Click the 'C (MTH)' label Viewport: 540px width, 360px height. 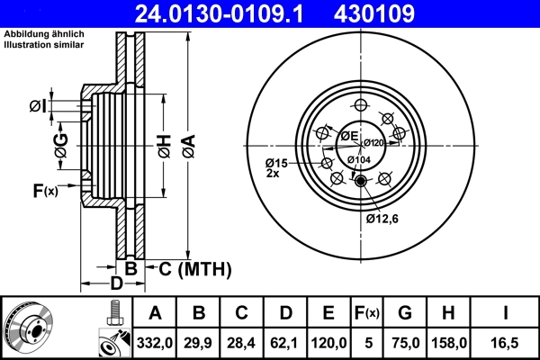tap(195, 268)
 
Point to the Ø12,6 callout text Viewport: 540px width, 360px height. tap(384, 217)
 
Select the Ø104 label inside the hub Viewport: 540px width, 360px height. tap(358, 160)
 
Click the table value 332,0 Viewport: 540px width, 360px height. tap(155, 341)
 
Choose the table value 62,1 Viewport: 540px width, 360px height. tap(285, 341)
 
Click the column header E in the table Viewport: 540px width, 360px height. tap(328, 313)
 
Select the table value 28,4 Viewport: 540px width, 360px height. tap(241, 341)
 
